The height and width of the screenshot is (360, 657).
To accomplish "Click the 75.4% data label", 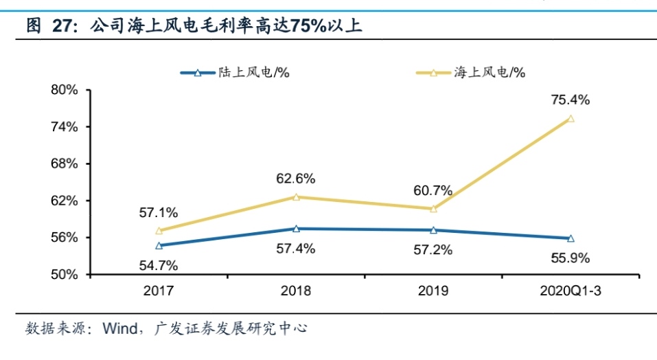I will [x=570, y=100].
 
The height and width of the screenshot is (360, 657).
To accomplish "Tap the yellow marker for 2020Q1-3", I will [x=570, y=119].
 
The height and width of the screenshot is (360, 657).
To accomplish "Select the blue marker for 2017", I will [x=159, y=245].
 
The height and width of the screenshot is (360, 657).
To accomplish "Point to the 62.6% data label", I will [x=296, y=179].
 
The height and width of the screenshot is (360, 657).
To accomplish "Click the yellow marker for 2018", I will [x=296, y=197].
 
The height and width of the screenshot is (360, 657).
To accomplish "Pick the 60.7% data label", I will [x=433, y=190].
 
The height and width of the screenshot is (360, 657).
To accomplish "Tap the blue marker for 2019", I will [x=433, y=230].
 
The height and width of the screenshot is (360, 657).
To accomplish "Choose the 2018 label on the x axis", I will [x=296, y=291].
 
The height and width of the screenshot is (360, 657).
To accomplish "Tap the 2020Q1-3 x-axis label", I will [x=570, y=291].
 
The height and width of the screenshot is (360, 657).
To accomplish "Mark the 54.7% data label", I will [x=159, y=265].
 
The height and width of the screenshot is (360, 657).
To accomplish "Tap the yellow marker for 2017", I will [x=159, y=231].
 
